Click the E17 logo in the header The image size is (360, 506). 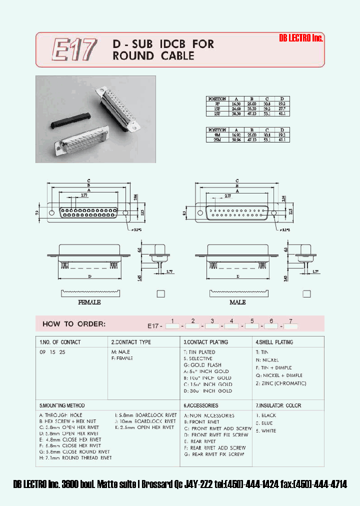coord(74,50)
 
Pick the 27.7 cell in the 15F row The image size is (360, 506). coord(282,108)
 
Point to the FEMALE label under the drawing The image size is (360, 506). coord(89,302)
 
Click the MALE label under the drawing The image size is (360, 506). coord(237,302)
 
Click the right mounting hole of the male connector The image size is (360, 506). coord(273,212)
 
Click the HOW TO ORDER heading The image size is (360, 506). coord(74,324)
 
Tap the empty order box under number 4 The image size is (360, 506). coord(231,326)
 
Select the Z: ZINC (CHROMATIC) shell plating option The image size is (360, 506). coord(281,383)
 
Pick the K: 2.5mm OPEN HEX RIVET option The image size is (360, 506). coord(144,427)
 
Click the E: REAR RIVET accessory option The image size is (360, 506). coord(200,441)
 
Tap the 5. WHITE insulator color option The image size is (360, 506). coord(266,430)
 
